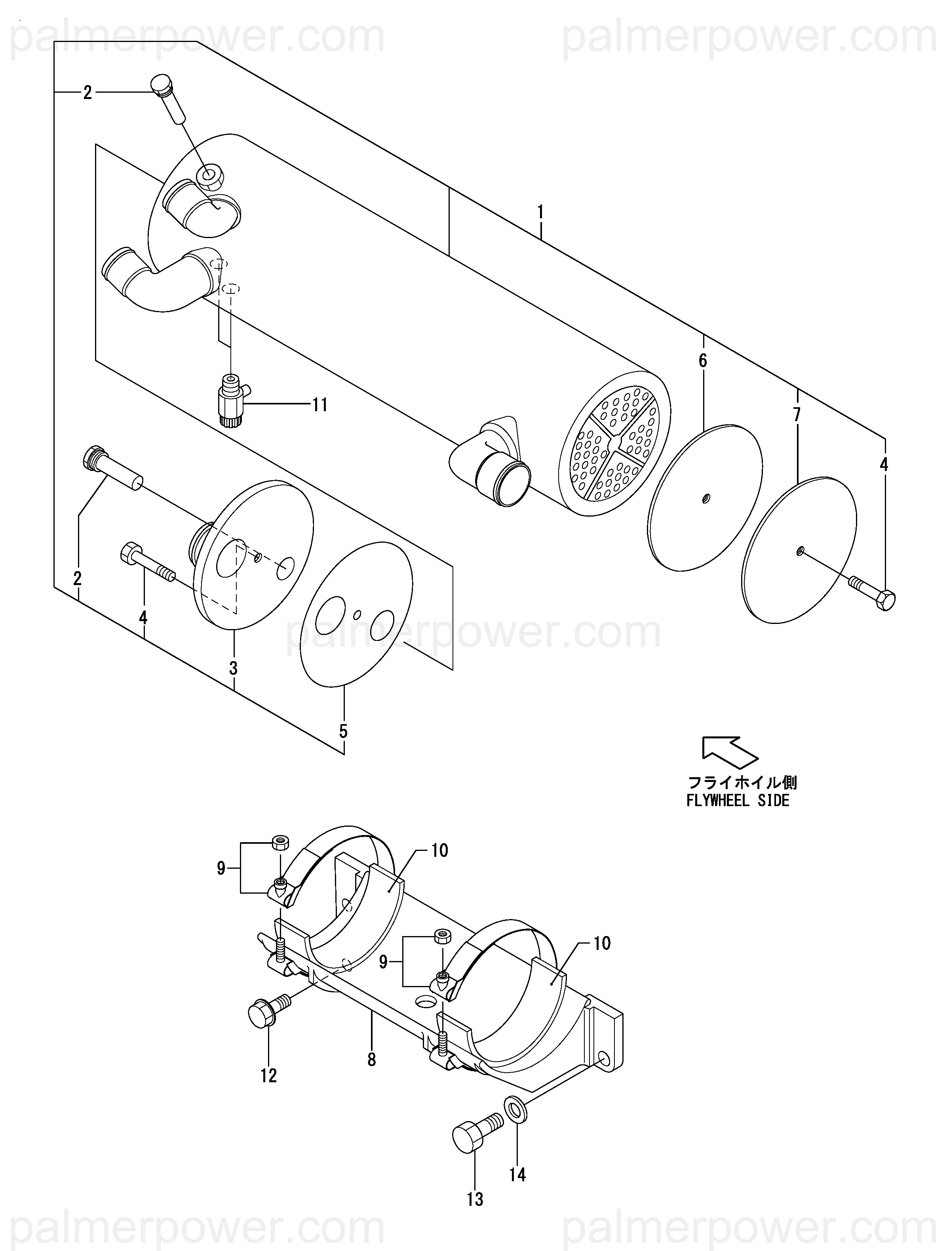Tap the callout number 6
pos(703,360)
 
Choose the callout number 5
pos(343,731)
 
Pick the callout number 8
pos(371,1059)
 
